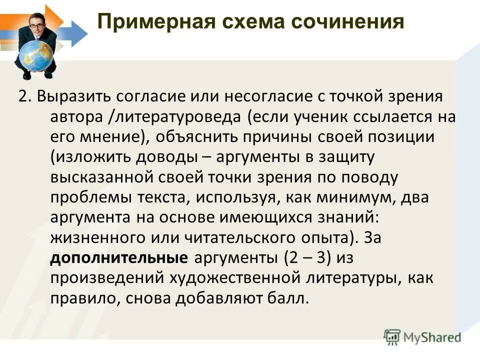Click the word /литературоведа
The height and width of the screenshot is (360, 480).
(x=174, y=116)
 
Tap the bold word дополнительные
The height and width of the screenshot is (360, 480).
(x=118, y=258)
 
